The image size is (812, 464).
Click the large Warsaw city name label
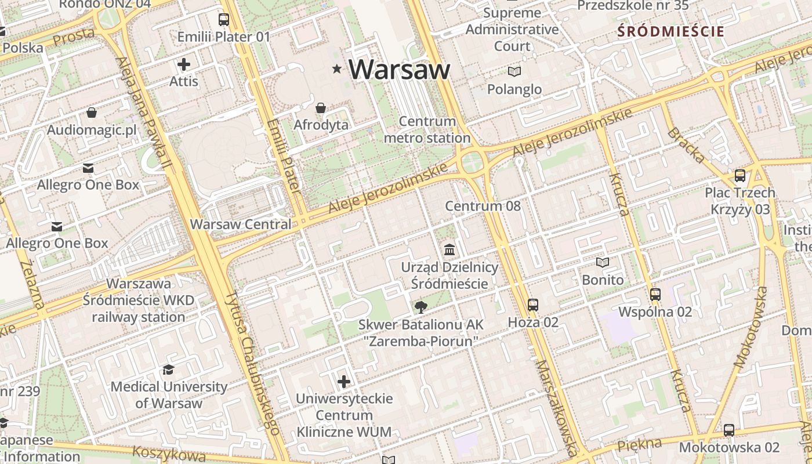click(x=399, y=70)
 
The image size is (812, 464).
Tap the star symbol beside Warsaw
click(x=336, y=69)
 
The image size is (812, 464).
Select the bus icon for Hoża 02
click(x=532, y=304)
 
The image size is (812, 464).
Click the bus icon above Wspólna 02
click(x=655, y=295)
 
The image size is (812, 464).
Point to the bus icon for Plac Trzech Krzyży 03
click(x=739, y=175)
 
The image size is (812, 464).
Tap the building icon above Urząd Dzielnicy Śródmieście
click(x=449, y=250)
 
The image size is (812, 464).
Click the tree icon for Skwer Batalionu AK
click(x=420, y=307)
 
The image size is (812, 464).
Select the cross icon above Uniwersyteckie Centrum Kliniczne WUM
click(x=344, y=382)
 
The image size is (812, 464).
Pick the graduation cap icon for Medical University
click(x=168, y=369)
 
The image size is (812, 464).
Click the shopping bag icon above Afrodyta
click(x=320, y=108)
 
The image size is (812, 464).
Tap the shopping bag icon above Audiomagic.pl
click(x=92, y=113)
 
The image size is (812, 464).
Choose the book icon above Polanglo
click(x=514, y=72)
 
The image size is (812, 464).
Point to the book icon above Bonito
click(x=603, y=263)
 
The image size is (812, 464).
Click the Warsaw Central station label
click(x=241, y=224)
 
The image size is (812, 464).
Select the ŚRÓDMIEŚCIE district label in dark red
click(x=671, y=31)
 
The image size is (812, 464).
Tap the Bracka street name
click(x=687, y=145)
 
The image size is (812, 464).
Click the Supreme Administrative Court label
click(x=512, y=29)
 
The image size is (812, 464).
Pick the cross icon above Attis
click(x=184, y=64)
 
